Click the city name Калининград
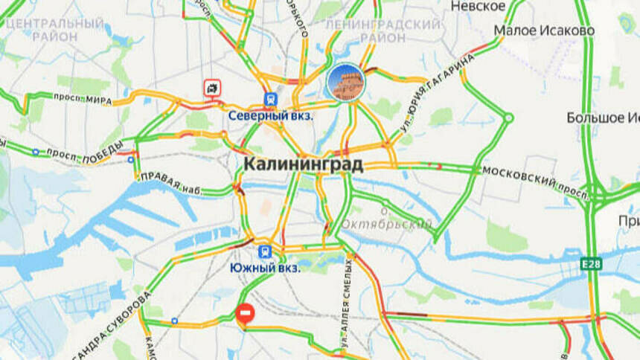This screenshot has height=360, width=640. click(x=304, y=164)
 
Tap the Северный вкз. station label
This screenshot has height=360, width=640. click(x=270, y=116)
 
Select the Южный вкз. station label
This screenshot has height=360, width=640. click(x=265, y=268)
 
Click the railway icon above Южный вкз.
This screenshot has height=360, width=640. click(x=263, y=251)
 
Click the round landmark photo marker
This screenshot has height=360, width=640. click(x=345, y=82)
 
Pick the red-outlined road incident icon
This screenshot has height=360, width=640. click(x=213, y=88)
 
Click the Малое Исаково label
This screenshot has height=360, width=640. click(x=544, y=30)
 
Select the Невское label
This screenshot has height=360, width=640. click(x=479, y=6)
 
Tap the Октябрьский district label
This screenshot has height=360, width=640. click(x=386, y=224)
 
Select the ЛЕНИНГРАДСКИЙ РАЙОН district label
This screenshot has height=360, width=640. click(x=383, y=30)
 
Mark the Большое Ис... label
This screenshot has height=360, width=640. click(x=603, y=118)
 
